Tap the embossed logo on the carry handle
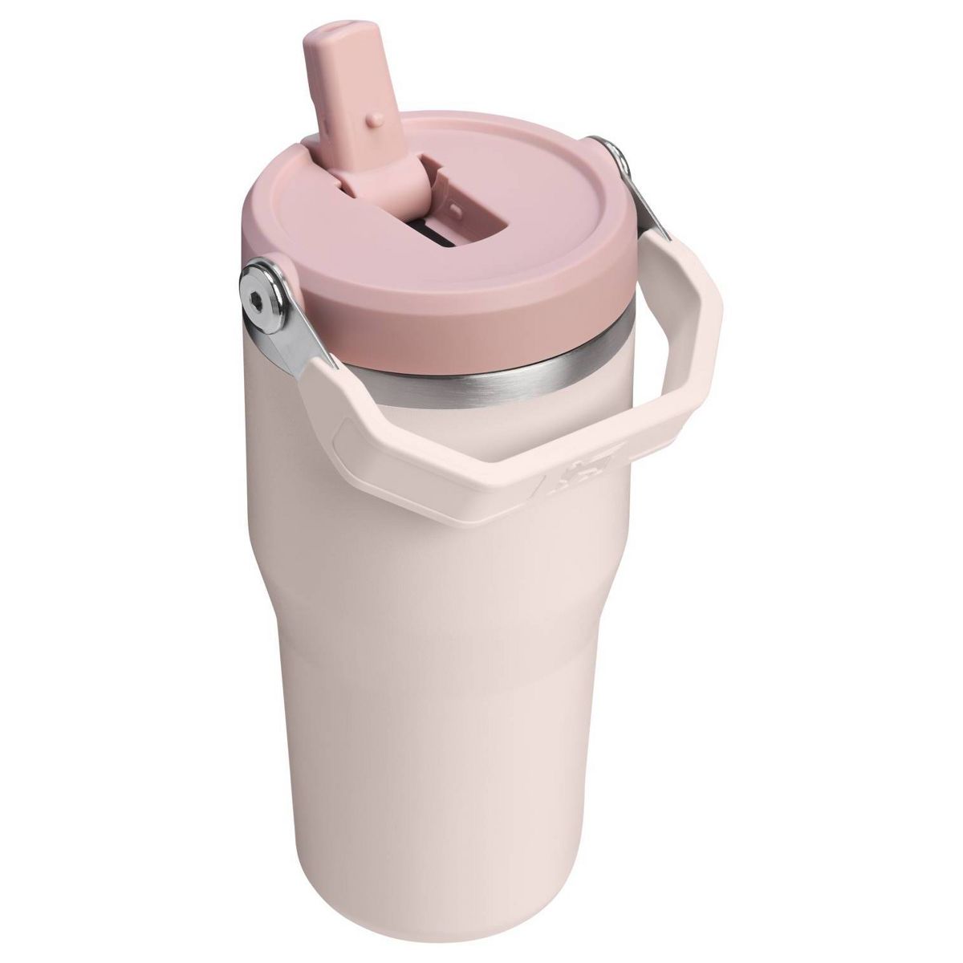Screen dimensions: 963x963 [571, 478]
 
